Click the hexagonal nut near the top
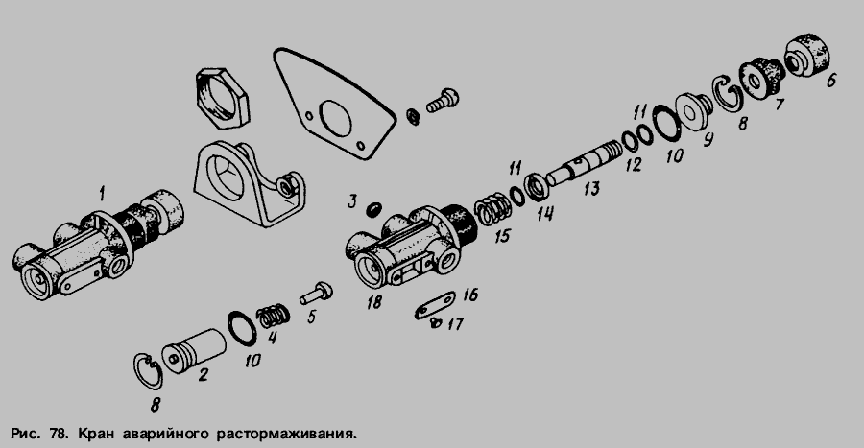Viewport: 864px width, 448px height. [x=222, y=99]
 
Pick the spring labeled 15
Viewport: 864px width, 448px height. [x=492, y=210]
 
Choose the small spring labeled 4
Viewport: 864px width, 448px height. [x=274, y=317]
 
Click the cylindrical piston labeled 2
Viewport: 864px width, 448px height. [x=194, y=351]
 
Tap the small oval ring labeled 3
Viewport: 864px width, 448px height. [x=373, y=209]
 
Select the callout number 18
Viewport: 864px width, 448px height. [x=374, y=302]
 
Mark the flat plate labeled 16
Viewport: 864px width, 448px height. [x=435, y=304]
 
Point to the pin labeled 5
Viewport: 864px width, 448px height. [x=316, y=293]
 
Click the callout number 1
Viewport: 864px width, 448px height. [x=102, y=193]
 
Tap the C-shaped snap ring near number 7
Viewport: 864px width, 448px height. [x=729, y=92]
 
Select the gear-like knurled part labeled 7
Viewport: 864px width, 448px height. [x=761, y=78]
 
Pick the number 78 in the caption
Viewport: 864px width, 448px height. [x=57, y=434]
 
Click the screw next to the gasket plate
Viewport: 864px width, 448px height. [x=443, y=102]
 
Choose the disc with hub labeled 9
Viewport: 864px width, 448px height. [x=691, y=111]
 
